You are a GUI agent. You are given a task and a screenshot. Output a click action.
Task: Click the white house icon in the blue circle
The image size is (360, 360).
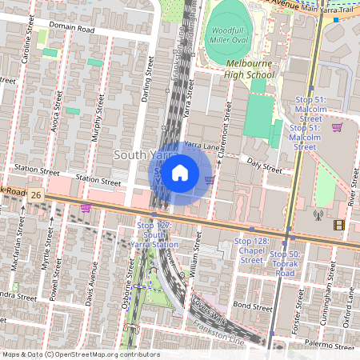(180, 172)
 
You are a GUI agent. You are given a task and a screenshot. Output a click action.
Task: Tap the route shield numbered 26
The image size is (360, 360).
(36, 195)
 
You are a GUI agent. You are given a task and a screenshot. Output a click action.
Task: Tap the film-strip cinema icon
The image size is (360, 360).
(339, 225)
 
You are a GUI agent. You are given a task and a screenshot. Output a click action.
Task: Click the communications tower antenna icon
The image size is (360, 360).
(318, 214)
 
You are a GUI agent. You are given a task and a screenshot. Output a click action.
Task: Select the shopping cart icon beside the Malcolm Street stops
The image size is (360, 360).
(337, 126)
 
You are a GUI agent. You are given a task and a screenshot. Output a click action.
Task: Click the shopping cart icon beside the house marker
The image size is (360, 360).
(209, 180)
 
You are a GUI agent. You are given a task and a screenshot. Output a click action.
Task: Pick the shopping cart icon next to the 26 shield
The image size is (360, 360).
(85, 208)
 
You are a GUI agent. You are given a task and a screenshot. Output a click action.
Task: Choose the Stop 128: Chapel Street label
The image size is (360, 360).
(253, 250)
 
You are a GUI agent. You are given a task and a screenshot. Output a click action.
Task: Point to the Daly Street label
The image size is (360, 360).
(265, 166)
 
